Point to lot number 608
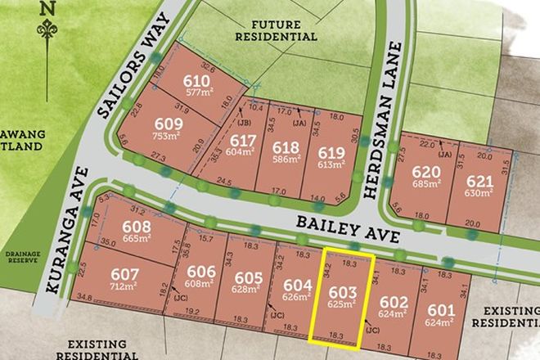click(137, 227)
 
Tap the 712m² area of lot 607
click(115, 286)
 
